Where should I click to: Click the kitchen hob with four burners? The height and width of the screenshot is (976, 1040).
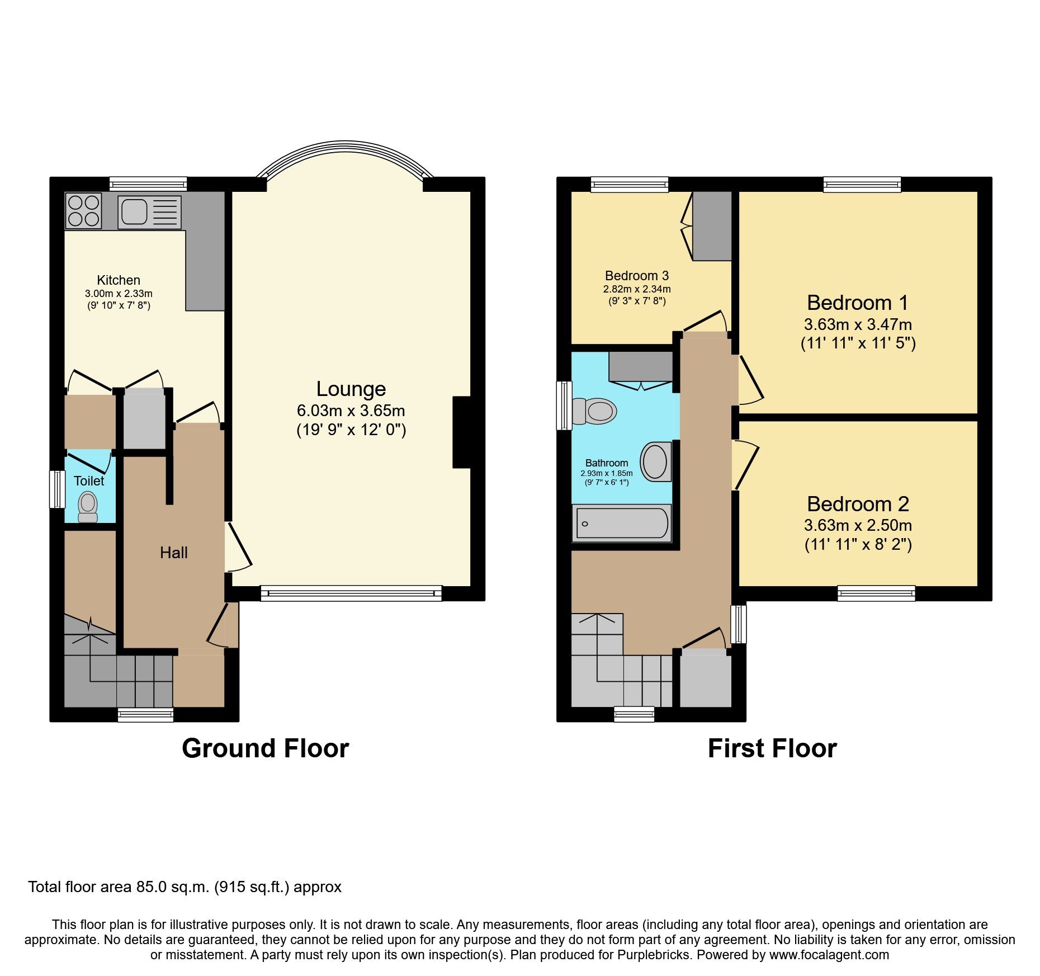(x=83, y=211)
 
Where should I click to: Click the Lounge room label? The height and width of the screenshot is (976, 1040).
(x=351, y=389)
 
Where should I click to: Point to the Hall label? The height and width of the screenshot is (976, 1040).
(x=173, y=553)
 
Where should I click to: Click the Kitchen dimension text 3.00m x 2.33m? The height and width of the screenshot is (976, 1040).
(x=119, y=294)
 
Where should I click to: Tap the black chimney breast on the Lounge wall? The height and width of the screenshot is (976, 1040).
(x=462, y=432)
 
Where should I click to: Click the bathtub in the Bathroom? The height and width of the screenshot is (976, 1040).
(x=621, y=524)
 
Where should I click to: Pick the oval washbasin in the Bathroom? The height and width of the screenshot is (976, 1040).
(x=655, y=462)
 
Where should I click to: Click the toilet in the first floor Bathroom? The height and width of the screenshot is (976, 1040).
(x=595, y=411)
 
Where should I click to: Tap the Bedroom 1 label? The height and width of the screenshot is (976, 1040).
(x=857, y=303)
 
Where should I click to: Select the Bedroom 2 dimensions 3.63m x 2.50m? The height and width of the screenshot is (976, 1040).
(x=858, y=526)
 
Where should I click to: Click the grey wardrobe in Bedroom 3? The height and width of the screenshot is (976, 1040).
(x=712, y=226)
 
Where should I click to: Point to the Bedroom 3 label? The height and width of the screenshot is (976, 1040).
(x=636, y=276)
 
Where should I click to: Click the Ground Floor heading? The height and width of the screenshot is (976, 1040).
(x=265, y=748)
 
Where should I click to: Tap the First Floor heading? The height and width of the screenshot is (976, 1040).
(x=772, y=748)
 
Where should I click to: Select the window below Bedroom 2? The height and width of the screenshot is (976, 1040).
(x=876, y=593)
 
